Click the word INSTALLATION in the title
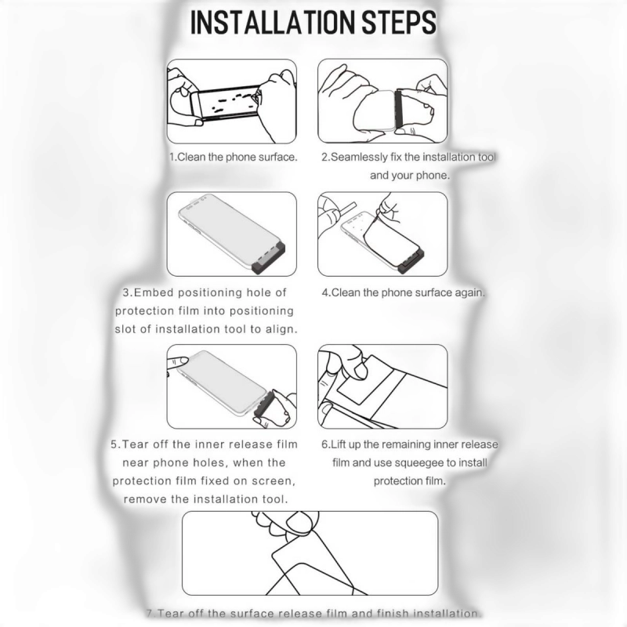pos(274,23)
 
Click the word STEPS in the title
pos(399,23)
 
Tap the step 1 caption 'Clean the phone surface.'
pos(233,157)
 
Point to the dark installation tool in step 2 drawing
pos(398,109)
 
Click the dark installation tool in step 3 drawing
pos(270,258)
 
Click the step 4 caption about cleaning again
pos(403,292)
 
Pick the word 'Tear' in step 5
pos(135,444)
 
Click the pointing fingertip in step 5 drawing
pos(182,361)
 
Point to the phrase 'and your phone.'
pos(410,176)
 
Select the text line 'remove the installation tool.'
pos(206,499)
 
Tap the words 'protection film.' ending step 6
pos(410,481)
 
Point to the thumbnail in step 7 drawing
pos(298,522)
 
